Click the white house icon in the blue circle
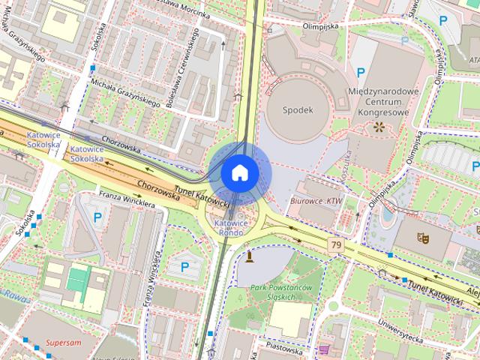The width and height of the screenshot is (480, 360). [238, 172]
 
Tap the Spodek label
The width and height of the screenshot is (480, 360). [297, 109]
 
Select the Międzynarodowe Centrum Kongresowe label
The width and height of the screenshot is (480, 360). [382, 102]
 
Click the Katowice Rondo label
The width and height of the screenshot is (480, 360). [232, 227]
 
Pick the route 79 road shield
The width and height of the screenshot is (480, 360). [335, 244]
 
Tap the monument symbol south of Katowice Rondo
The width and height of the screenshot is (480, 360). [249, 256]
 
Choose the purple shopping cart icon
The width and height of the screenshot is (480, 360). [324, 349]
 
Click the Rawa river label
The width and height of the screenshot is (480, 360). [14, 295]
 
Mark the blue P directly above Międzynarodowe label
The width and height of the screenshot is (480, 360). [361, 73]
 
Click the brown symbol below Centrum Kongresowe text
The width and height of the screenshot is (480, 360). [379, 127]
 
